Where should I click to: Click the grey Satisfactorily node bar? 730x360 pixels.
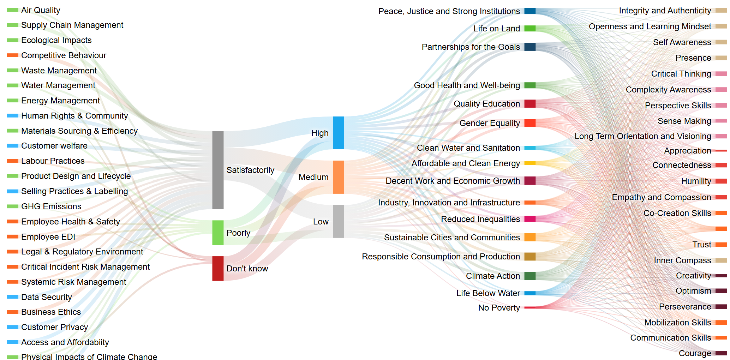(218, 170)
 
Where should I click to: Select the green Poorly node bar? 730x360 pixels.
(218, 233)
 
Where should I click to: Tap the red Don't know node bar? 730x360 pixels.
(218, 269)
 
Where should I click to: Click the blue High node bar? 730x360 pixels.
(338, 133)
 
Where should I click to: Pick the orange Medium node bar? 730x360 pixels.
(338, 177)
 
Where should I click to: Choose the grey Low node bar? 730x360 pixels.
(338, 221)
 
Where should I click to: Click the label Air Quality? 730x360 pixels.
(41, 10)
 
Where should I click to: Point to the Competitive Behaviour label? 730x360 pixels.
(64, 55)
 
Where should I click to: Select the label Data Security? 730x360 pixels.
(47, 297)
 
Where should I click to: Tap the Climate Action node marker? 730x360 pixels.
(530, 276)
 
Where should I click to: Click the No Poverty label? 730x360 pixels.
(499, 308)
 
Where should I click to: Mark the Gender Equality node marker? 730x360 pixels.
(530, 123)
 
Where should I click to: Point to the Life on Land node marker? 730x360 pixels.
(530, 28)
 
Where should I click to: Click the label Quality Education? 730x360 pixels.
(487, 104)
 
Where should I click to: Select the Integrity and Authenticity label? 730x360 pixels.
(665, 11)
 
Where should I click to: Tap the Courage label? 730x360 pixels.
(695, 353)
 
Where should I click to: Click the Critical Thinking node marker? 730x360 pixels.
(721, 74)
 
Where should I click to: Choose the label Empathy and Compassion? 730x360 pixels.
(662, 197)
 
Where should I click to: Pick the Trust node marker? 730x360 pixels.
(721, 245)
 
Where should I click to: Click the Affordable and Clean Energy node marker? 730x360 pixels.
(530, 163)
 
